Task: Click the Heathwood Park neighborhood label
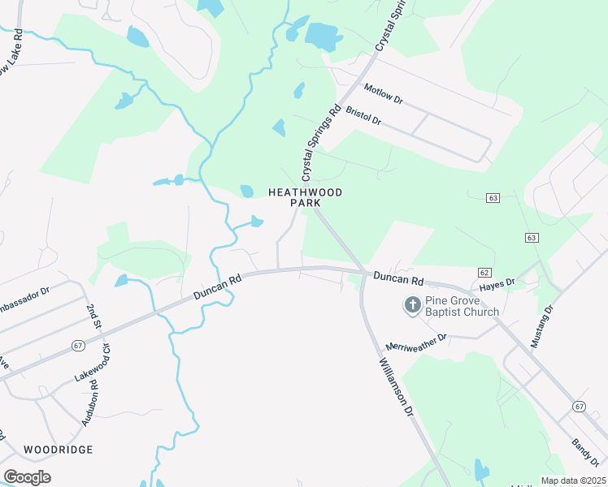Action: [305, 197]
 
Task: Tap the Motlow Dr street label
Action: [384, 94]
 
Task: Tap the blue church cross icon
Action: [412, 305]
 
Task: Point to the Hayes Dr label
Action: [497, 285]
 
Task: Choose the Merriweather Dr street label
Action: [416, 342]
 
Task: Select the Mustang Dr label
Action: [541, 327]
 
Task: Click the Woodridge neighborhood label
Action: [58, 449]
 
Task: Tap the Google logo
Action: [27, 477]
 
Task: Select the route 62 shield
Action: [484, 272]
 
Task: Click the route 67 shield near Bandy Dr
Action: [578, 406]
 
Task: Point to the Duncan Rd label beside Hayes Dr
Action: [399, 279]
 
